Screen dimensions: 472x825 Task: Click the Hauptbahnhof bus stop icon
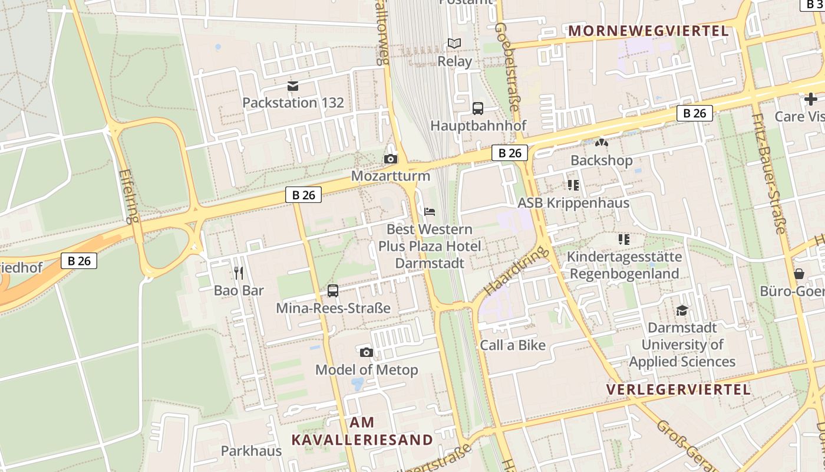(x=477, y=109)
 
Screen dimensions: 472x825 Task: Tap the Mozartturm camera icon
(x=390, y=159)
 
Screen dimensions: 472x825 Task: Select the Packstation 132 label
(x=293, y=103)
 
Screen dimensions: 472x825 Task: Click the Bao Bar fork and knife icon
(x=239, y=273)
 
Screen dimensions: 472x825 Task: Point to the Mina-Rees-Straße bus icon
(x=333, y=290)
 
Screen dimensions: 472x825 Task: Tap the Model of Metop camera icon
(x=366, y=352)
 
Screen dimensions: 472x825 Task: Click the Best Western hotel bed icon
(x=430, y=211)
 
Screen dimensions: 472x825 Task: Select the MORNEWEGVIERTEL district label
(x=648, y=31)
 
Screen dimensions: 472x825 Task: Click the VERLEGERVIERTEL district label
(x=678, y=389)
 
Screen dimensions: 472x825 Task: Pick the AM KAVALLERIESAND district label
(x=362, y=431)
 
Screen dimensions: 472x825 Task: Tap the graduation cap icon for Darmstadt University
(x=682, y=310)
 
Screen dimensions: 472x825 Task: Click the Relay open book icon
(x=454, y=44)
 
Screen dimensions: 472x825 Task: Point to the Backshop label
(x=601, y=160)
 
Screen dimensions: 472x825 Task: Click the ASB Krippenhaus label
(x=573, y=203)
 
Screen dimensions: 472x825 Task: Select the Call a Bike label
(x=513, y=345)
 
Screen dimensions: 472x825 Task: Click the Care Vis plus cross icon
(x=811, y=99)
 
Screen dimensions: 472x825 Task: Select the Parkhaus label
(x=251, y=451)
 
